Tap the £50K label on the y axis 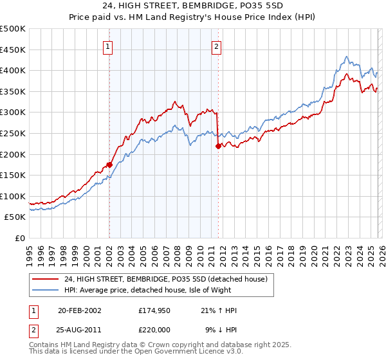pyautogui.click(x=15, y=217)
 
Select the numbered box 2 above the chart pyautogui.click(x=217, y=46)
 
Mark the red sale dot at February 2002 pyautogui.click(x=109, y=165)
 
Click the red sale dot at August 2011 pyautogui.click(x=218, y=146)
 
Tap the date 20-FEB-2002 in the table pyautogui.click(x=80, y=310)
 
